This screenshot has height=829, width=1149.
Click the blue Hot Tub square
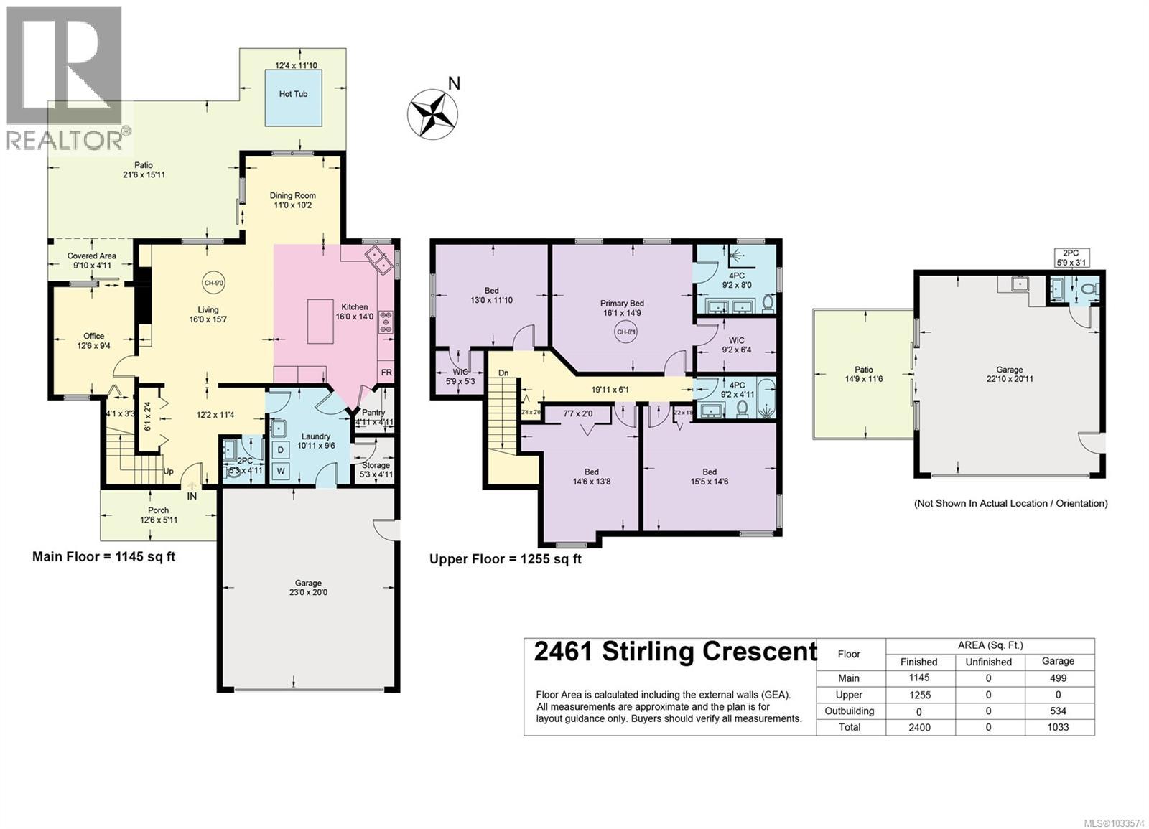pos(293,93)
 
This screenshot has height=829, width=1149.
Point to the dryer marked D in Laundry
pos(282,450)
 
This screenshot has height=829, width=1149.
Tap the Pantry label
pos(373,413)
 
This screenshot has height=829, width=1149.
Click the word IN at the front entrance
pos(192,496)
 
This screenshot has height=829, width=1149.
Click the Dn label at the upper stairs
pos(503,373)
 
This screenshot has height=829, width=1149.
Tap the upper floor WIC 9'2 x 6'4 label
pos(736,345)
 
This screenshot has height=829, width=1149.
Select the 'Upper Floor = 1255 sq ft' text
pos(505,558)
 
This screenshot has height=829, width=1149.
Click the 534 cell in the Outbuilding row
pos(1058,711)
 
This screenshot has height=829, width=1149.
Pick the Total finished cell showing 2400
pos(918,727)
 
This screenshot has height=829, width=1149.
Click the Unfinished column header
pos(988,662)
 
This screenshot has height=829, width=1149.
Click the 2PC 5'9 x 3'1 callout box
pos(1070,258)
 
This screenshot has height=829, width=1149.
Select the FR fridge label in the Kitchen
pos(386,373)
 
